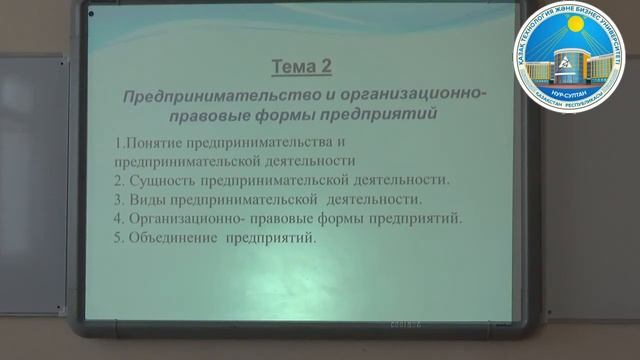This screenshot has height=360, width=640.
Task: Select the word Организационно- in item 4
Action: point(190,218)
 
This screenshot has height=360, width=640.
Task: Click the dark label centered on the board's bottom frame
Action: point(320,322)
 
